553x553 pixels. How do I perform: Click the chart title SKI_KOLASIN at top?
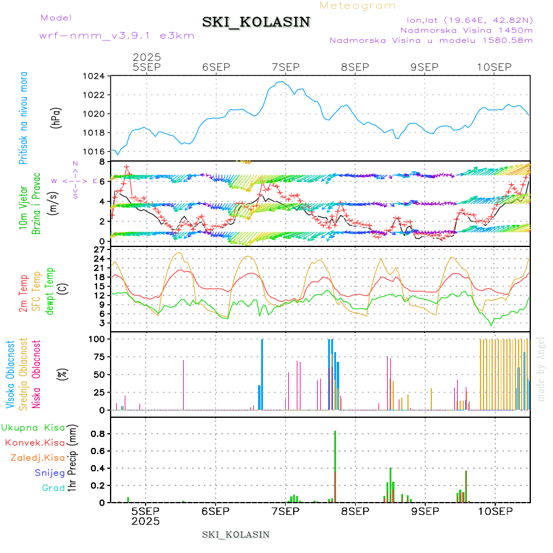(x=256, y=22)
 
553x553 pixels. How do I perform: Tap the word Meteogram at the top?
(x=358, y=6)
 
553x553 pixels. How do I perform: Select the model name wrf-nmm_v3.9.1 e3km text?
(x=116, y=35)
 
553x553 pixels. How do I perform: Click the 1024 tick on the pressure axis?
(x=95, y=76)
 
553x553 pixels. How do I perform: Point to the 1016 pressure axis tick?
(x=95, y=152)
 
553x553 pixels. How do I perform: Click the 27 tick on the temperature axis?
(x=99, y=249)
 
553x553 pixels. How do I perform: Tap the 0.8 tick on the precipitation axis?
(x=98, y=433)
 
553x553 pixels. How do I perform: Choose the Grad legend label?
(x=53, y=488)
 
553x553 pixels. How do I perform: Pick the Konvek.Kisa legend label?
(x=34, y=442)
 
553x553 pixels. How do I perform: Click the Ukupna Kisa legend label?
(x=33, y=427)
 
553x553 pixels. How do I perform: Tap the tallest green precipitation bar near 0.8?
(x=335, y=466)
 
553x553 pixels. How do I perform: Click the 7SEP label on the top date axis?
(x=285, y=67)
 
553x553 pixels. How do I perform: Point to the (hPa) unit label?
(x=57, y=118)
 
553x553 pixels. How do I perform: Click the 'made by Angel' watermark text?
(x=541, y=369)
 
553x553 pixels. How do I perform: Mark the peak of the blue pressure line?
(x=282, y=81)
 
